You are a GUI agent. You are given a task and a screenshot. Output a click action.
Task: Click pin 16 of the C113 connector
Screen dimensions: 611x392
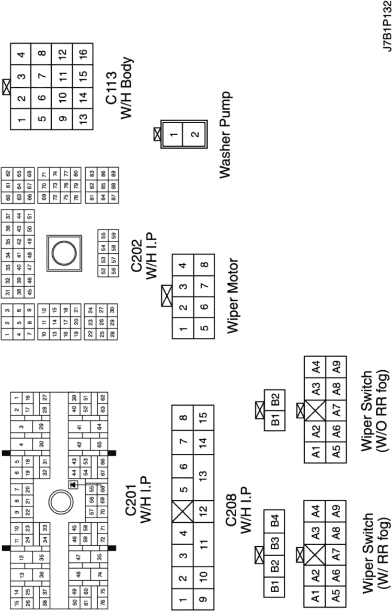pos(83,54)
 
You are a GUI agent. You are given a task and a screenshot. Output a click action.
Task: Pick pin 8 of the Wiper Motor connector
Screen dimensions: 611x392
pos(204,264)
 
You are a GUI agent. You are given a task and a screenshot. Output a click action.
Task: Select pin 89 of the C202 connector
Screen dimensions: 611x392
pos(112,172)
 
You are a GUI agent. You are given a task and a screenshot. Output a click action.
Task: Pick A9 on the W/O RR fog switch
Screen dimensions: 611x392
pos(337,368)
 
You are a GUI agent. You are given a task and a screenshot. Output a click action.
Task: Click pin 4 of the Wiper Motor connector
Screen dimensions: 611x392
pos(182,264)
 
